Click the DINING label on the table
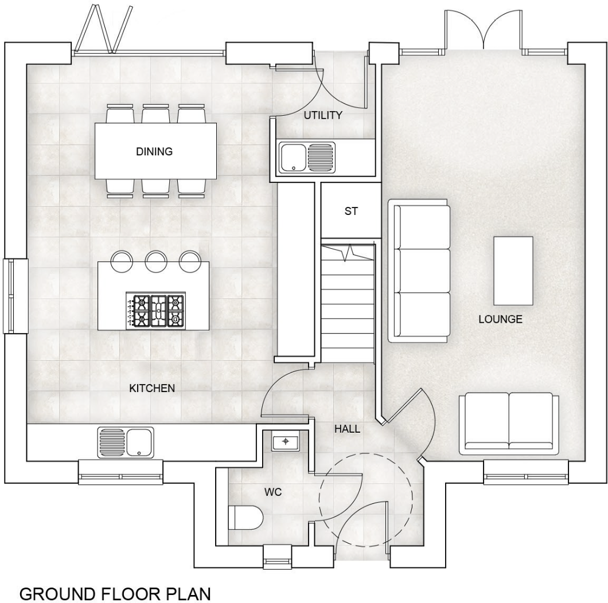coord(154,152)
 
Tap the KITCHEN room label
coord(151,388)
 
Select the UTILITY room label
coord(323,115)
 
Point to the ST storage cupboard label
coord(350,211)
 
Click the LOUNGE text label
coord(500,319)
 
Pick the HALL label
coord(348,428)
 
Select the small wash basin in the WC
coord(285,442)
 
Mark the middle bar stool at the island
coord(155,261)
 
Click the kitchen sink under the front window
coord(126,443)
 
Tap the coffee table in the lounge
coord(513,271)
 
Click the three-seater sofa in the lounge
coord(419,271)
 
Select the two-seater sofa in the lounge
coord(508,424)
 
